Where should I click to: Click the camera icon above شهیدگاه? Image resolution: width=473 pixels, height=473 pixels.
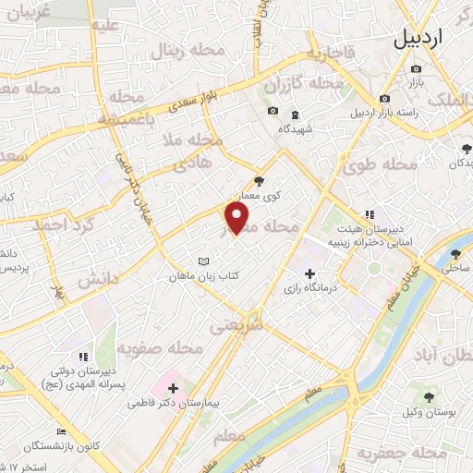[273, 112]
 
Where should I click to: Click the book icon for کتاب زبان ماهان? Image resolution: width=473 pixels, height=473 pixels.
[204, 261]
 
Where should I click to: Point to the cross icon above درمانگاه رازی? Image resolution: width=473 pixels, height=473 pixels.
[309, 273]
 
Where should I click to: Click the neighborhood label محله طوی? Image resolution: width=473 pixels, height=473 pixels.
[380, 166]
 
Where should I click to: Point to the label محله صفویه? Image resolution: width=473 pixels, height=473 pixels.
[159, 348]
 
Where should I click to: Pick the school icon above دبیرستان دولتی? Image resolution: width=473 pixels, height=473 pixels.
[83, 356]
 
